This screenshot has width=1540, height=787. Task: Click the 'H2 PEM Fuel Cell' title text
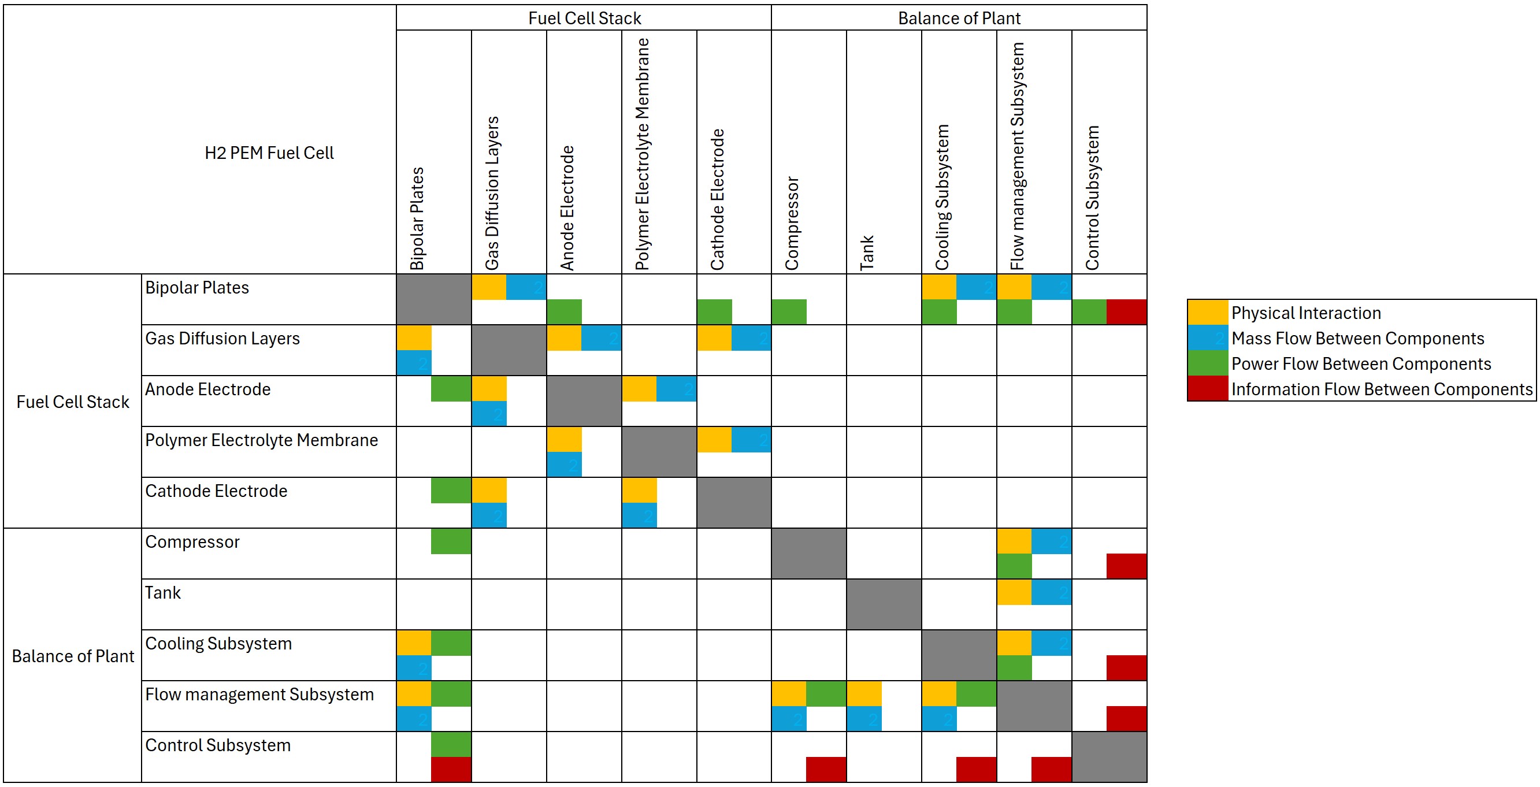pos(269,153)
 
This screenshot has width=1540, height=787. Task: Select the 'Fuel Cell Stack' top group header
pos(584,18)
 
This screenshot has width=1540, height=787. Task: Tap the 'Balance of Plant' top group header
pos(959,18)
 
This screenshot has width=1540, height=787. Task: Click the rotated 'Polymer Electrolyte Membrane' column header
pos(642,154)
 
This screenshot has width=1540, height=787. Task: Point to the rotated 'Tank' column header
pos(867,252)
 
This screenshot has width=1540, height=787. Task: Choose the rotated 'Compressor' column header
pos(792,223)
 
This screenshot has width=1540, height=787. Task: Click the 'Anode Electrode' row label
pos(207,389)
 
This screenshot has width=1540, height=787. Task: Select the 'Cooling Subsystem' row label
pos(218,644)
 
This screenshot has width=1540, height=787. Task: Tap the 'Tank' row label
pos(162,593)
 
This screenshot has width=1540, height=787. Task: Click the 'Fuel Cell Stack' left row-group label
pos(72,402)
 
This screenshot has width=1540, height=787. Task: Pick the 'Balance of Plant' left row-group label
pos(72,656)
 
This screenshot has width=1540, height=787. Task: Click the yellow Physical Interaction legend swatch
pos(1207,313)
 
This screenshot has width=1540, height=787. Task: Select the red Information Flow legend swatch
pos(1207,389)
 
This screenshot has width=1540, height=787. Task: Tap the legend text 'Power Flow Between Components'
pos(1361,364)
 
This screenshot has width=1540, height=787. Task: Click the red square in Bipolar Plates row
pos(1126,312)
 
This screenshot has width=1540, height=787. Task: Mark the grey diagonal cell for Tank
pos(884,604)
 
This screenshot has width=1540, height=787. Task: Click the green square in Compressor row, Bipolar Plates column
pos(451,541)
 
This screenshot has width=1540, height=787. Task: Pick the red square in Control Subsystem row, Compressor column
pos(826,770)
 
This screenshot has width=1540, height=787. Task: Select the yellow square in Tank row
pos(1014,592)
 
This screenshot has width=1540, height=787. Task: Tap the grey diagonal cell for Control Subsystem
pos(1109,757)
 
